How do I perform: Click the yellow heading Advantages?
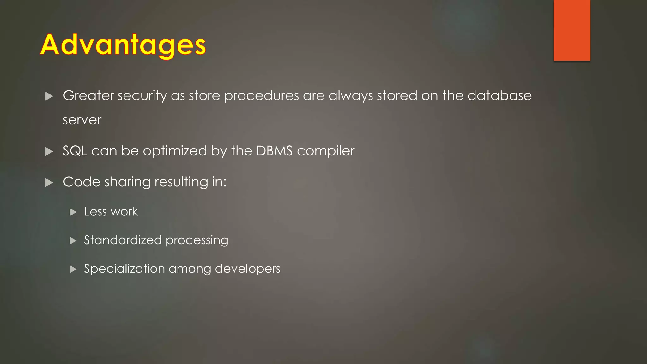(x=123, y=45)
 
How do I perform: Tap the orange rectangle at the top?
(x=572, y=30)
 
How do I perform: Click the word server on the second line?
(x=82, y=120)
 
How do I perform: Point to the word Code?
(x=82, y=182)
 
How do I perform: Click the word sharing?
(x=127, y=182)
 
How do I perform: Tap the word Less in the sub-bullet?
(x=95, y=212)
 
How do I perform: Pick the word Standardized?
(x=123, y=240)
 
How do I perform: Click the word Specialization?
(x=124, y=269)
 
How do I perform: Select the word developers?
(x=247, y=269)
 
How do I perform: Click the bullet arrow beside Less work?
(x=73, y=212)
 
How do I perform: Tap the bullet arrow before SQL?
(x=49, y=152)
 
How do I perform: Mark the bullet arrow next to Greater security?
(x=49, y=96)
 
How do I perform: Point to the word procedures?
(x=261, y=96)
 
